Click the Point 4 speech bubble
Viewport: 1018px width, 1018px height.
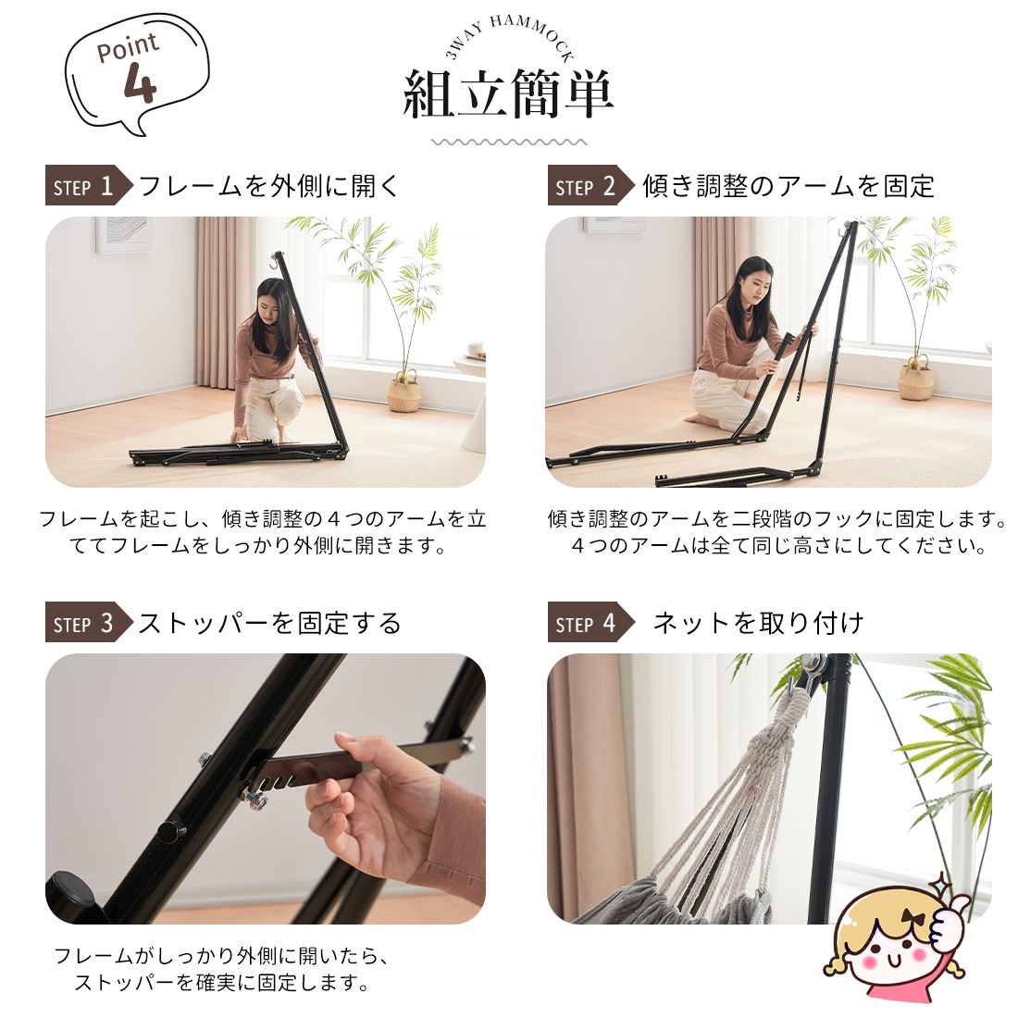click(x=136, y=71)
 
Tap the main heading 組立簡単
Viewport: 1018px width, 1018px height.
click(x=508, y=94)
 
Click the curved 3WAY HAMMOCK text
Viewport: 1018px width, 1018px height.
click(x=510, y=37)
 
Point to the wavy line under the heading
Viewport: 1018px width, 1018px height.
click(x=509, y=143)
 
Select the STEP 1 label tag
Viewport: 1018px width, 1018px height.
click(x=84, y=187)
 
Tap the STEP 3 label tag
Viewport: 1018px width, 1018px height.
click(x=84, y=624)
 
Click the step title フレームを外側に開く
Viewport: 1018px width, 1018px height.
click(x=269, y=187)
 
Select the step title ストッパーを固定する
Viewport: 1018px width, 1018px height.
click(x=269, y=624)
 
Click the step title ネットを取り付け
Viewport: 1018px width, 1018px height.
click(x=758, y=624)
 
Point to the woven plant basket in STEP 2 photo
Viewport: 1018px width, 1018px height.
click(x=915, y=379)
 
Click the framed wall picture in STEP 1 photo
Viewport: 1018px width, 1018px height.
click(x=123, y=233)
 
